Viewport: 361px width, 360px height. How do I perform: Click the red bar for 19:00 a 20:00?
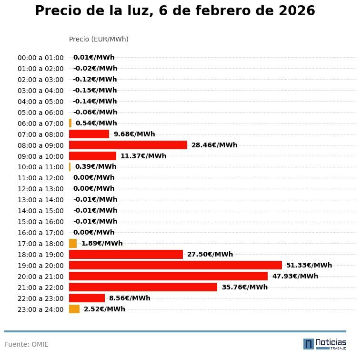[175, 265]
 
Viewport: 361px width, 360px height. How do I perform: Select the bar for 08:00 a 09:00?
[128, 145]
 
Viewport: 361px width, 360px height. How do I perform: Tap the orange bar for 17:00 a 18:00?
[73, 243]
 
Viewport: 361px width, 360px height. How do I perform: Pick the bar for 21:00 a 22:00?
[143, 287]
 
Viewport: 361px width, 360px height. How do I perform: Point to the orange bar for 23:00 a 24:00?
[74, 309]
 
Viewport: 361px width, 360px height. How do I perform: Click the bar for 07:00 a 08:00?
[89, 134]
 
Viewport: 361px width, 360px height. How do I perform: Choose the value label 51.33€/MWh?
[309, 265]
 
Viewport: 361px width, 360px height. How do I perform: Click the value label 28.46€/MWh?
[214, 145]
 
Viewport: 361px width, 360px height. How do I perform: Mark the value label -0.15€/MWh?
[95, 90]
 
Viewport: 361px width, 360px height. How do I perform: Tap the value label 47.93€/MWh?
[295, 276]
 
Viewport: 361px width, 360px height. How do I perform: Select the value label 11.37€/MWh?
[143, 156]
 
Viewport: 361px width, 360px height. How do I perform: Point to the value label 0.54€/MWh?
[96, 123]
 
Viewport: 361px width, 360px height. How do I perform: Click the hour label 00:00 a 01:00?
[40, 58]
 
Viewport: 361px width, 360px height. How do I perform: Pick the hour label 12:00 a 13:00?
[40, 189]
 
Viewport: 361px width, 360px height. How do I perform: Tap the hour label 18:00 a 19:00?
[40, 255]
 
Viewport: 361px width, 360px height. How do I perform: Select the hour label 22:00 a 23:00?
[40, 298]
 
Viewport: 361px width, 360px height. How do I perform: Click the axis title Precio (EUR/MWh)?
[99, 39]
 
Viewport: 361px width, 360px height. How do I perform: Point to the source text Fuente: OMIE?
[27, 344]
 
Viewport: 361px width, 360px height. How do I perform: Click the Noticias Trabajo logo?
[325, 344]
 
